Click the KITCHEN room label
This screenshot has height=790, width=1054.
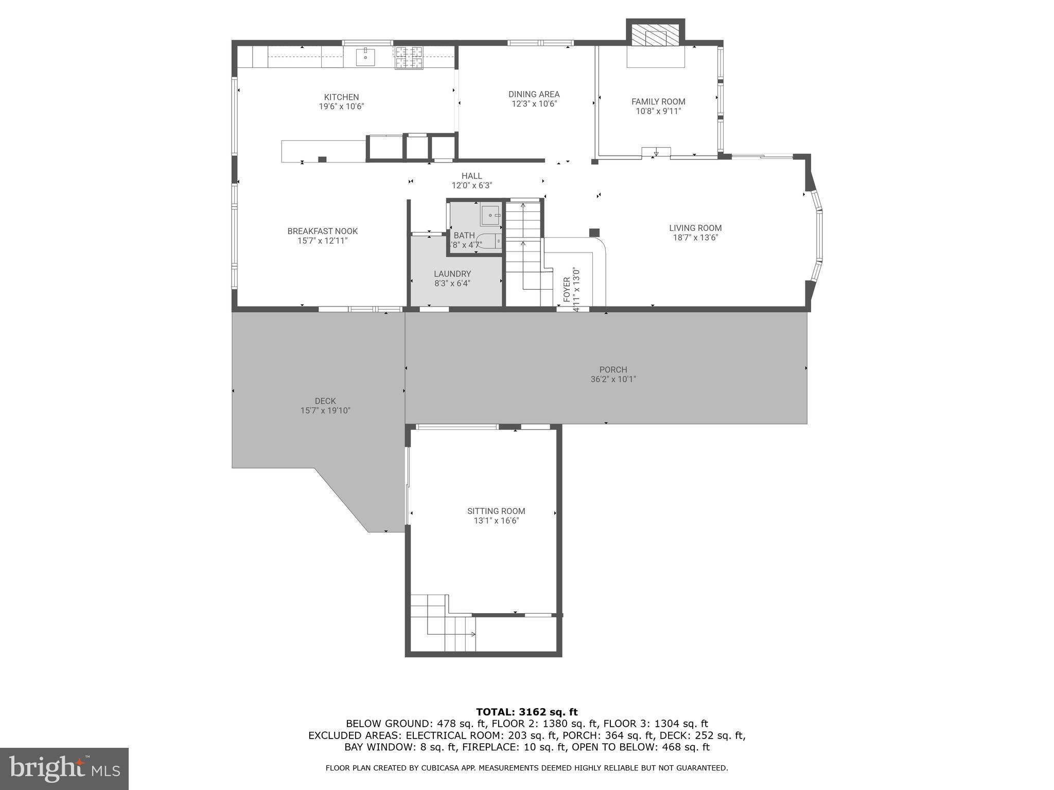coord(341,97)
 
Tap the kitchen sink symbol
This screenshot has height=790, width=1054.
coord(365,57)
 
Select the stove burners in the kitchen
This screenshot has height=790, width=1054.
coord(409,57)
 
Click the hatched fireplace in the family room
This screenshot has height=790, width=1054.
coord(656,35)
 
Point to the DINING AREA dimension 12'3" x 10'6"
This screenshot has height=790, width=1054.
coord(534,104)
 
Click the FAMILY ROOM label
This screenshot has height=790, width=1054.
coord(658,101)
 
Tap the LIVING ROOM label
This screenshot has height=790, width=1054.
coord(695,228)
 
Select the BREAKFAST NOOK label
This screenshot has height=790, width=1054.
coord(322,231)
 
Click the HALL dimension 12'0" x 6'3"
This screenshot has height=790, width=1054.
coord(471,186)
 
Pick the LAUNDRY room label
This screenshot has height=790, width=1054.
coord(452,274)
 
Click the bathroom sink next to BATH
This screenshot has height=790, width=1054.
coord(491,215)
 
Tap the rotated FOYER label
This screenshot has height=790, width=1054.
coord(567,290)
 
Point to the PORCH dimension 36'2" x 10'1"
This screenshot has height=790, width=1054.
coord(613,380)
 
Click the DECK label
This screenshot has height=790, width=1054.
coord(325,401)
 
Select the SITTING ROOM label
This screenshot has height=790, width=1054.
coord(496,511)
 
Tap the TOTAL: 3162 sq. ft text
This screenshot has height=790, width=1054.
coord(526,712)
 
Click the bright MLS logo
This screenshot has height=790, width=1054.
coord(64,768)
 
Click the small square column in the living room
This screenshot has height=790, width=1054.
coord(594,232)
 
